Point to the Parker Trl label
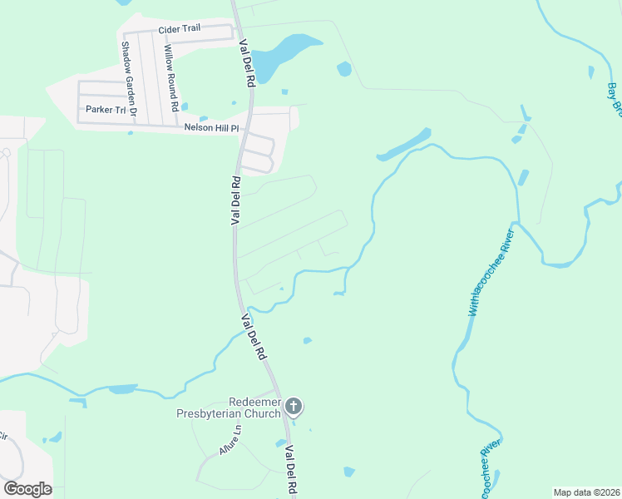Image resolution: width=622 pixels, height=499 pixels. click(103, 109)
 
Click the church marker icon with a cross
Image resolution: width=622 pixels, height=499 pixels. click(293, 407)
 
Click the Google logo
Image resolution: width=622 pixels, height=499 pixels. click(27, 488)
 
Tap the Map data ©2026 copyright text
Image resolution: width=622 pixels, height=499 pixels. click(586, 492)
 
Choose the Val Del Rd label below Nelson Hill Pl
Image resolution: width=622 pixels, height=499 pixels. click(236, 200)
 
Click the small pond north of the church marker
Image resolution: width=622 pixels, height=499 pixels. click(308, 340)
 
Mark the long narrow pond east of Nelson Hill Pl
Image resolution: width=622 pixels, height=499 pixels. click(404, 145)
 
